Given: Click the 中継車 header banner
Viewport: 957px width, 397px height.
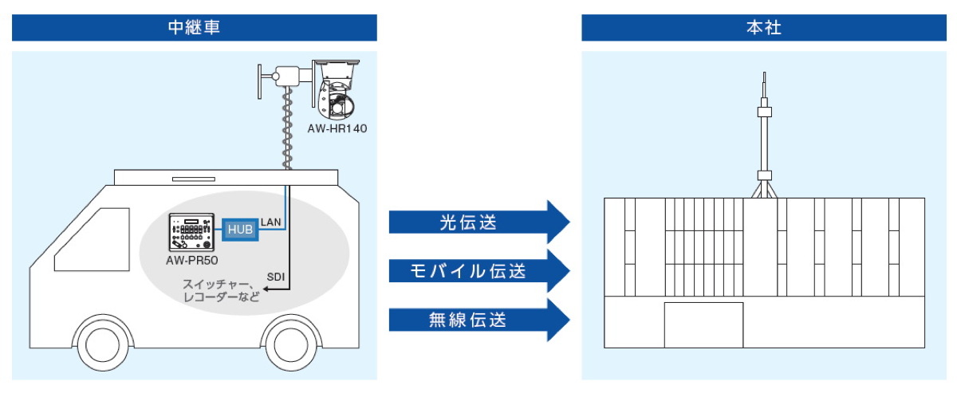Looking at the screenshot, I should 194,27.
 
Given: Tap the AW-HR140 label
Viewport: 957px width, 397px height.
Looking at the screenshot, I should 337,128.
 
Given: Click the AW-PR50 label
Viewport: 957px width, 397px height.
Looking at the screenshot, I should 192,261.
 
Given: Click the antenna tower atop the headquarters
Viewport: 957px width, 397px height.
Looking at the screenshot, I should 763,136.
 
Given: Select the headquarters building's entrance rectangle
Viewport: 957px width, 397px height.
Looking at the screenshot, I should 703,325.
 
